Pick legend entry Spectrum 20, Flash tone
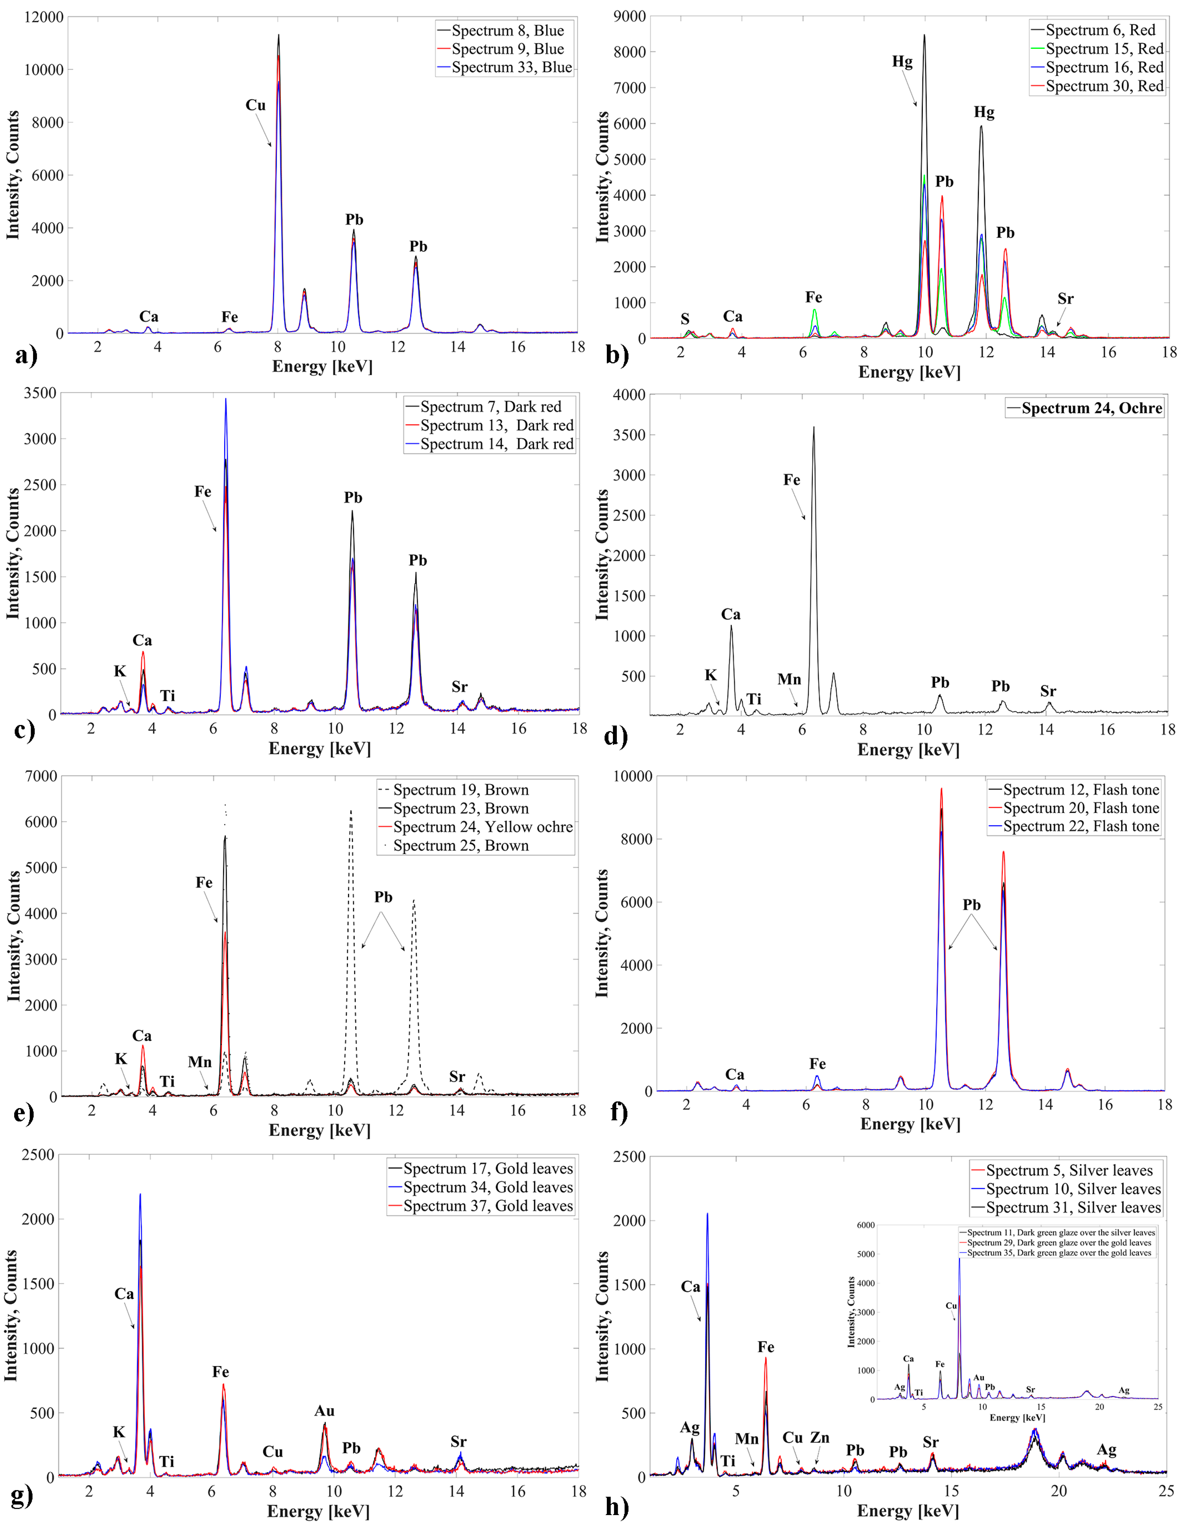tap(1081, 808)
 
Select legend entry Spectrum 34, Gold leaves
tap(487, 1187)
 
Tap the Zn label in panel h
tap(820, 1437)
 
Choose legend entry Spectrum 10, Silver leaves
tap(1073, 1189)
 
